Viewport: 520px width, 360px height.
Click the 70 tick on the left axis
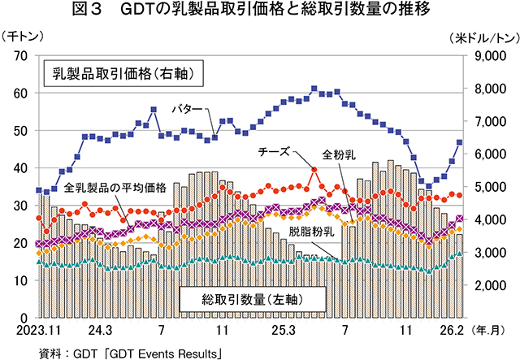tap(22, 55)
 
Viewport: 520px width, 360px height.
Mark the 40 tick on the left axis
tap(22, 168)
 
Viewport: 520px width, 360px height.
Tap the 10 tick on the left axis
tap(22, 280)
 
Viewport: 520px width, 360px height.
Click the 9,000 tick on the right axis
tap(487, 55)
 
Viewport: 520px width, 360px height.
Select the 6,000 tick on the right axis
tap(487, 154)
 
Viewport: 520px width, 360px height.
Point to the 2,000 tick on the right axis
tap(487, 285)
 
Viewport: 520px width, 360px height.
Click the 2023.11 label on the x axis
tap(37, 332)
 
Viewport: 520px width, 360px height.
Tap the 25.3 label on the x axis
tap(284, 332)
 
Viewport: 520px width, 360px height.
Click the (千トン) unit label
tap(24, 37)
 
